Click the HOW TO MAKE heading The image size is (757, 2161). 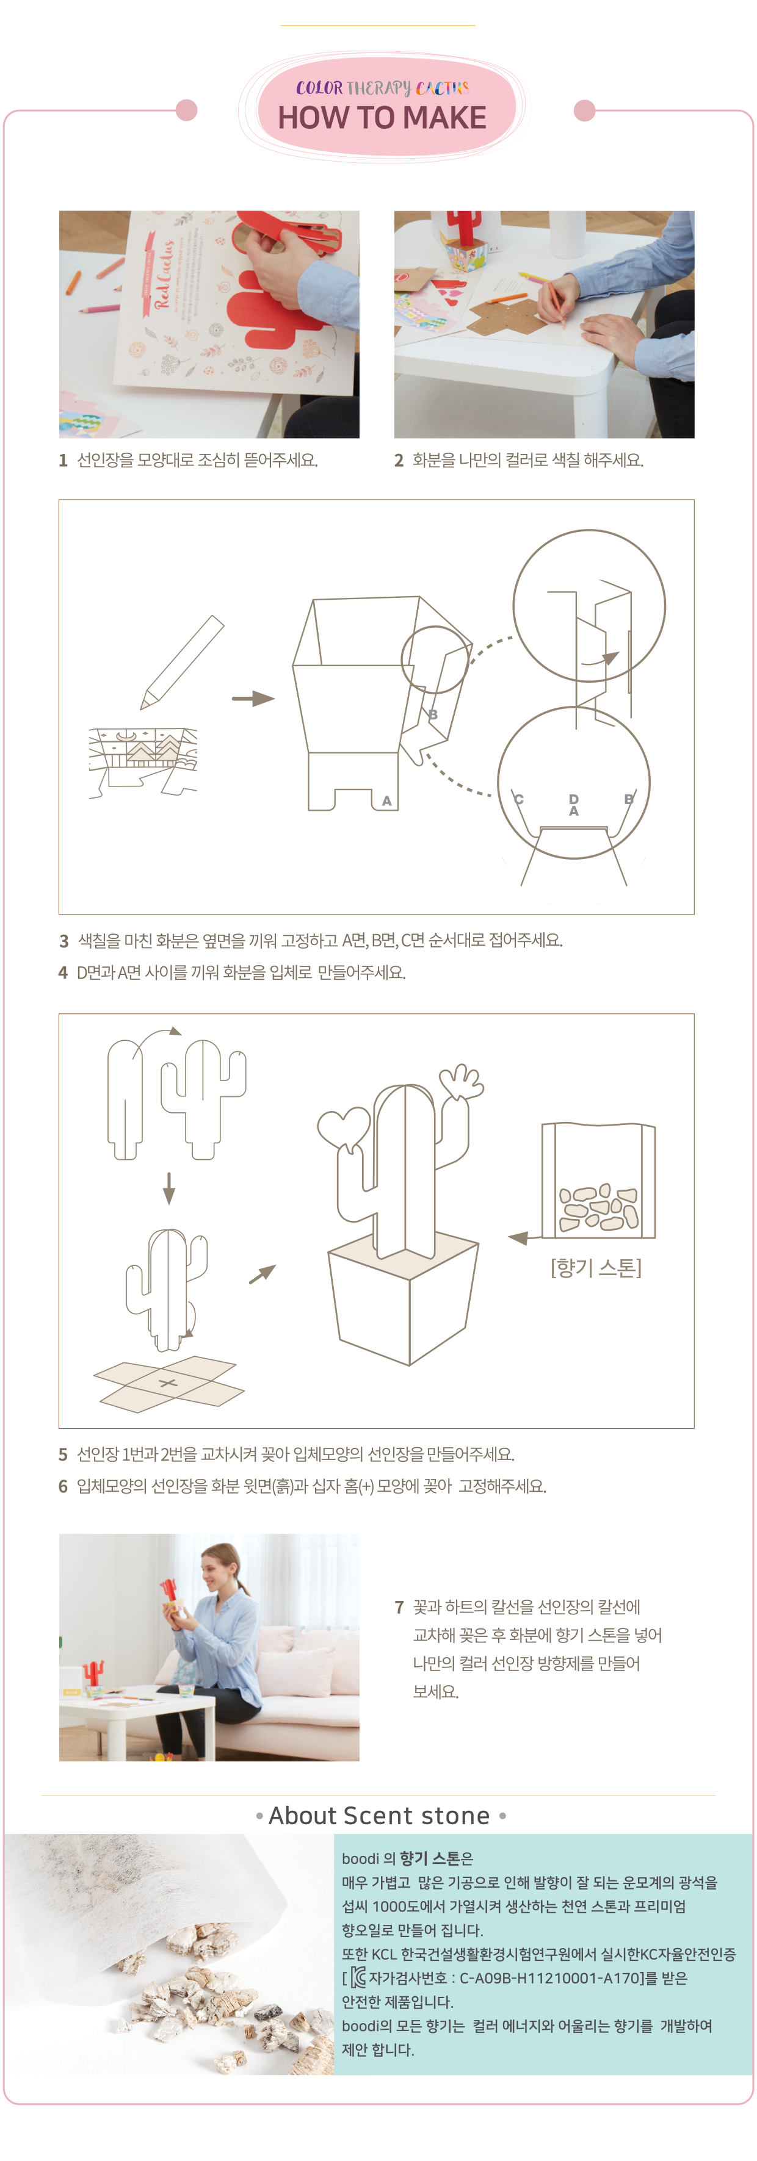click(382, 117)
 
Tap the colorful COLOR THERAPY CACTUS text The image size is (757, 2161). click(382, 87)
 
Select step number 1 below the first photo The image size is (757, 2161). click(63, 461)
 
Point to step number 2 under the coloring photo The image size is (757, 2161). click(399, 461)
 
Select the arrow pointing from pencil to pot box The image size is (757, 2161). click(253, 698)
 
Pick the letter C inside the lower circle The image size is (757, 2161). click(519, 799)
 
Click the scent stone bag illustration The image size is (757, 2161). click(598, 1181)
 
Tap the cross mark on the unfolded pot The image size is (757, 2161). click(168, 1383)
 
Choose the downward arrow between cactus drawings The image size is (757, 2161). click(168, 1188)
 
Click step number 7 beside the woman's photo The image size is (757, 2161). click(399, 1607)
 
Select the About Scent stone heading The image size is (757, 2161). click(379, 1816)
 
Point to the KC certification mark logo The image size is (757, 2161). click(358, 1977)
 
